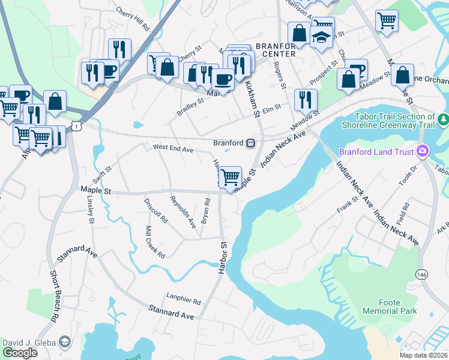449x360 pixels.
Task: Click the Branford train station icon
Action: (250, 143)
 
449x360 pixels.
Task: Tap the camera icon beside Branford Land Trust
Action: (423, 152)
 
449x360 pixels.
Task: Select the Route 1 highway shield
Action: (76, 124)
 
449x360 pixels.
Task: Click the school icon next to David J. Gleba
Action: (64, 342)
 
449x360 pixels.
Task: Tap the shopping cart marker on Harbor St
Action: (231, 178)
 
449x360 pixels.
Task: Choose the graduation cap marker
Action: (322, 37)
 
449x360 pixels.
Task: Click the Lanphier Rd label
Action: (184, 302)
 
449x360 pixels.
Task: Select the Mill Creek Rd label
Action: (155, 242)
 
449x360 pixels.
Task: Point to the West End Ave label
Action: (173, 147)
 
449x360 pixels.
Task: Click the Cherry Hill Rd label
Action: (133, 19)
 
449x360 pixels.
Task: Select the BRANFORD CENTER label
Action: (276, 50)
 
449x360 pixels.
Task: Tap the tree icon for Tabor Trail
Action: (443, 121)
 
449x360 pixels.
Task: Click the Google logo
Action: (20, 353)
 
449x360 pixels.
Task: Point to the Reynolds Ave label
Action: (183, 212)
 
